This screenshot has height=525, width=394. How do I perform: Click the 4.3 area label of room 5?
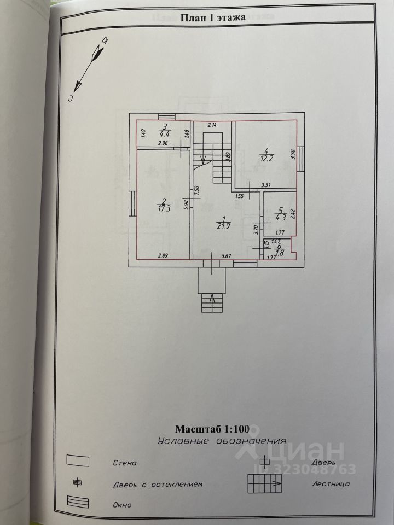click(x=280, y=217)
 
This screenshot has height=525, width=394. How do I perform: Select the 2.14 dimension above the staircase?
click(x=211, y=125)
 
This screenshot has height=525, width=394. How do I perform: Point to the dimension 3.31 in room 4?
click(x=266, y=185)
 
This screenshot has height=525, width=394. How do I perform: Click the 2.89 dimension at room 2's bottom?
click(x=163, y=255)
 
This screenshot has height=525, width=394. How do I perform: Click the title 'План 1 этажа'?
click(x=213, y=17)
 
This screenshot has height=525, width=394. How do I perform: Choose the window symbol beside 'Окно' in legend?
click(x=78, y=502)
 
